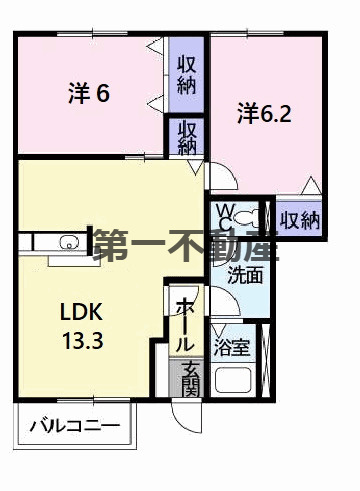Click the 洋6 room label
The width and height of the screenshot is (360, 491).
coord(88,95)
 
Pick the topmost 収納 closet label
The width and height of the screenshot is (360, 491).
coord(186,74)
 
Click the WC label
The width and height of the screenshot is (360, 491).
coord(227,215)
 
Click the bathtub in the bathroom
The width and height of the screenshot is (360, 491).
coord(237,383)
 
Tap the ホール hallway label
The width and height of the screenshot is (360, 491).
coord(185,321)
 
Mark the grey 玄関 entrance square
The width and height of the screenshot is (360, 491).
coord(186,377)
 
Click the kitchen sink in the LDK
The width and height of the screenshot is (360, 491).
coord(69,243)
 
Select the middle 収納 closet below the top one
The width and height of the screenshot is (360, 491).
coord(187,136)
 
